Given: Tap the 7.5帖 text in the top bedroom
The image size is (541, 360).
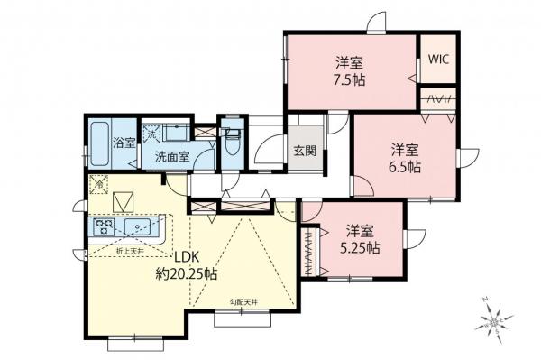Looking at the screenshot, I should pyautogui.click(x=350, y=79).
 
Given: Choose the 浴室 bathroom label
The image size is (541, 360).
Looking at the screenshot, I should pyautogui.click(x=124, y=143).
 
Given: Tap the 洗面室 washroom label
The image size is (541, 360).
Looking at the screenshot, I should pyautogui.click(x=171, y=156).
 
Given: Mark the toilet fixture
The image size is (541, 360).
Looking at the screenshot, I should pyautogui.click(x=231, y=142).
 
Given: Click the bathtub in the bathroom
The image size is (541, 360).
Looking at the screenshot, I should pyautogui.click(x=99, y=144).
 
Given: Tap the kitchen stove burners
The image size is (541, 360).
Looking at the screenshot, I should pyautogui.click(x=101, y=226).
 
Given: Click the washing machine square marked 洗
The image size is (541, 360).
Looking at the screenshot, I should pyautogui.click(x=151, y=132).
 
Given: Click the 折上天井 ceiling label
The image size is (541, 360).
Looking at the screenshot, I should pyautogui.click(x=132, y=248).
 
